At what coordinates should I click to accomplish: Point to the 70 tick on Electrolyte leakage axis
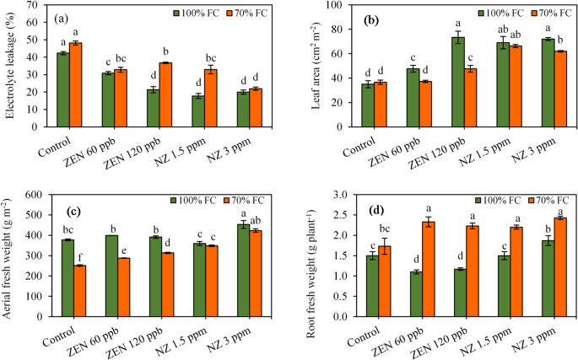40,5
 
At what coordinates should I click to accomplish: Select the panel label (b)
370,18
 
